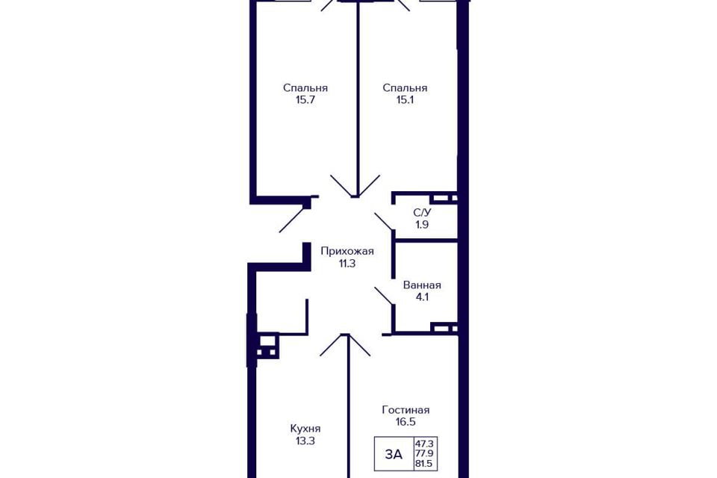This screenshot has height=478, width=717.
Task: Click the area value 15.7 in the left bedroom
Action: (x=305, y=100)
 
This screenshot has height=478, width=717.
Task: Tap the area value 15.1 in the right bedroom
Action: (x=405, y=100)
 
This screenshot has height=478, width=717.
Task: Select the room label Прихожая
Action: (x=347, y=251)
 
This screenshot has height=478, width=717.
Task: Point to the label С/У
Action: (x=422, y=213)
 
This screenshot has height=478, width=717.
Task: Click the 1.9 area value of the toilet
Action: (x=422, y=225)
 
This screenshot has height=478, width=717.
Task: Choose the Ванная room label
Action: (x=422, y=285)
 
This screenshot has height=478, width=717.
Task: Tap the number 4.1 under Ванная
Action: (x=422, y=297)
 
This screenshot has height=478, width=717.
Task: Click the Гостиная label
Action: (x=406, y=410)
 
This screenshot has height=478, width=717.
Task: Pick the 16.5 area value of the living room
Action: (x=406, y=422)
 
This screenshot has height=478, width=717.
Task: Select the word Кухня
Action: (x=305, y=429)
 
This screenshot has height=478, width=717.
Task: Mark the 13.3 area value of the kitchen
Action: (x=305, y=441)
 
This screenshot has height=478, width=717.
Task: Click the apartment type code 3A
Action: (x=394, y=454)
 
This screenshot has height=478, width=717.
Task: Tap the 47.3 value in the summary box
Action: (x=425, y=443)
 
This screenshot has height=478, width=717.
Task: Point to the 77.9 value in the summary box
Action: (x=425, y=454)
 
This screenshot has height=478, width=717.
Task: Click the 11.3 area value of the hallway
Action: (x=347, y=264)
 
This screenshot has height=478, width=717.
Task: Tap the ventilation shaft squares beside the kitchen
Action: (x=267, y=347)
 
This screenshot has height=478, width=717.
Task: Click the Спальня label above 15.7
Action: (x=305, y=88)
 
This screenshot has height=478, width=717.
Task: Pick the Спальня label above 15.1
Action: (x=405, y=88)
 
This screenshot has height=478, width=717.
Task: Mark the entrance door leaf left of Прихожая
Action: (x=292, y=220)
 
